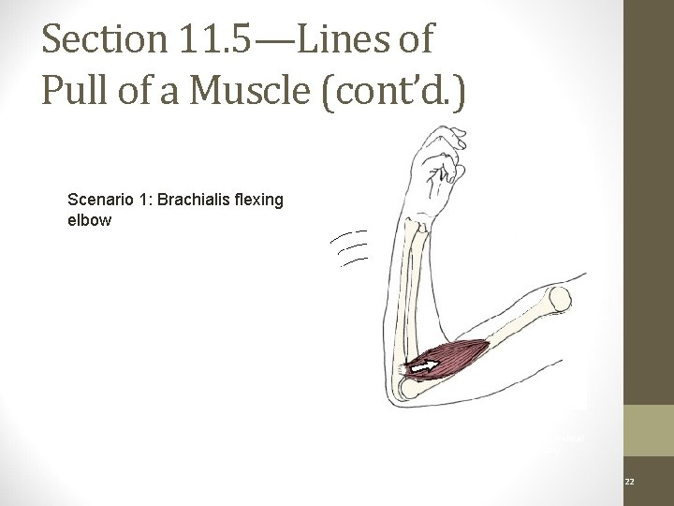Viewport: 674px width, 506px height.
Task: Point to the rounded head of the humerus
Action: coord(559,300)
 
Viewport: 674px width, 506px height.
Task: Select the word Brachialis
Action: coord(195,199)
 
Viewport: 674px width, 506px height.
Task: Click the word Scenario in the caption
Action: coord(100,199)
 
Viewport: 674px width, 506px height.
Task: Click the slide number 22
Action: coord(629,480)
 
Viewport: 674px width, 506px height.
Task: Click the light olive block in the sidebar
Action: coord(649,432)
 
